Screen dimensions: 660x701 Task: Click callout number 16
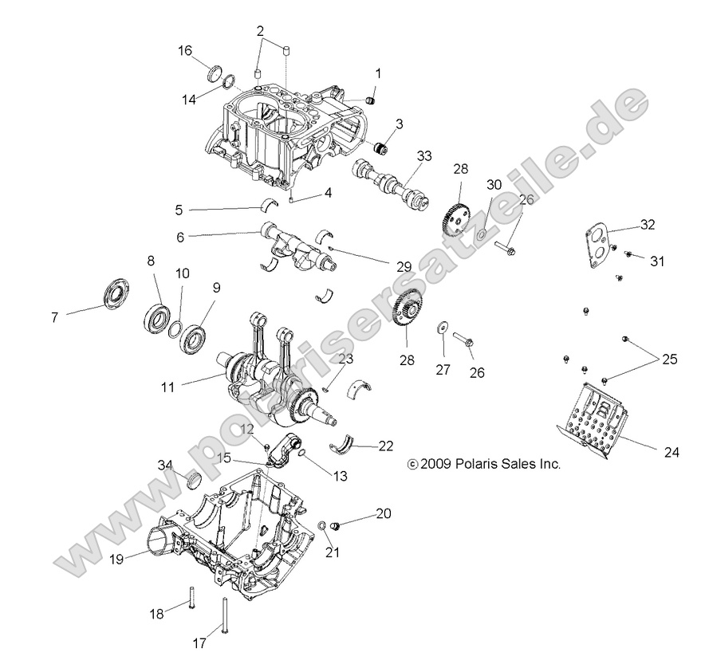pyautogui.click(x=185, y=51)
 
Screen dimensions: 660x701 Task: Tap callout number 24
pyautogui.click(x=671, y=451)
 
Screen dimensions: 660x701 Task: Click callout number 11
pyautogui.click(x=167, y=388)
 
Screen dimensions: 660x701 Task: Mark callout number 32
pyautogui.click(x=647, y=226)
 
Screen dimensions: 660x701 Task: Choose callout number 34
pyautogui.click(x=164, y=465)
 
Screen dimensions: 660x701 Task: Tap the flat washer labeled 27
pyautogui.click(x=440, y=329)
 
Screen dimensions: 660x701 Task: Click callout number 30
pyautogui.click(x=494, y=185)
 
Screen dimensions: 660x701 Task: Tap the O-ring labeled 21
pyautogui.click(x=321, y=526)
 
